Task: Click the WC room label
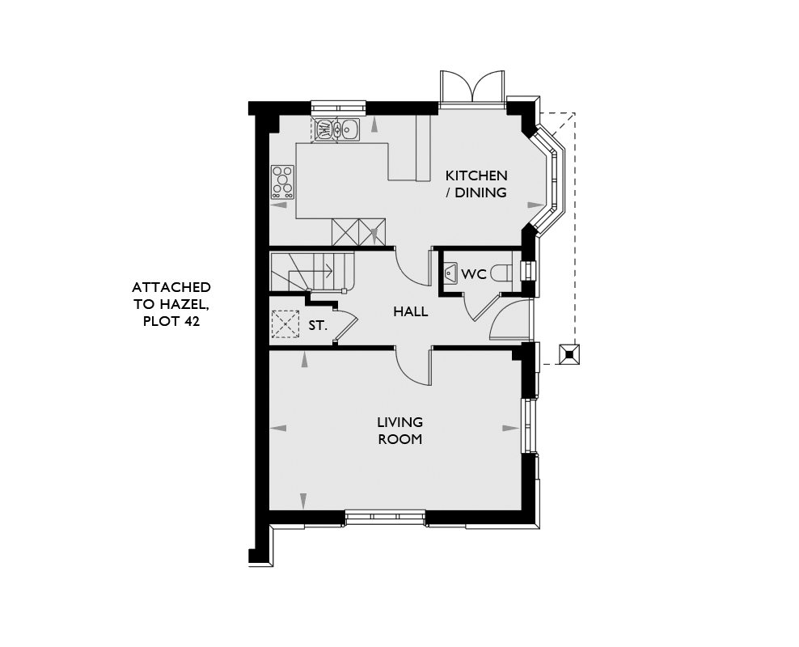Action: pos(474,274)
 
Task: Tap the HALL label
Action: pos(410,311)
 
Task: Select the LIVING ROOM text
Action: pos(400,430)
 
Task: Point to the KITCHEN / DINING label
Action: pos(476,184)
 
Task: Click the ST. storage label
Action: pos(318,326)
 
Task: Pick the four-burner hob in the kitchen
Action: pos(282,182)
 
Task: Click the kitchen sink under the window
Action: pos(337,129)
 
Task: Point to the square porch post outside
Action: pos(569,354)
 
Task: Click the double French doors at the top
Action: pos(472,88)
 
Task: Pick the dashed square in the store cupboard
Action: pos(285,324)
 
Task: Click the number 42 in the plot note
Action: pos(192,322)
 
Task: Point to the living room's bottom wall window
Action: pos(385,517)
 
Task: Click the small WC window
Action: pos(527,270)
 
